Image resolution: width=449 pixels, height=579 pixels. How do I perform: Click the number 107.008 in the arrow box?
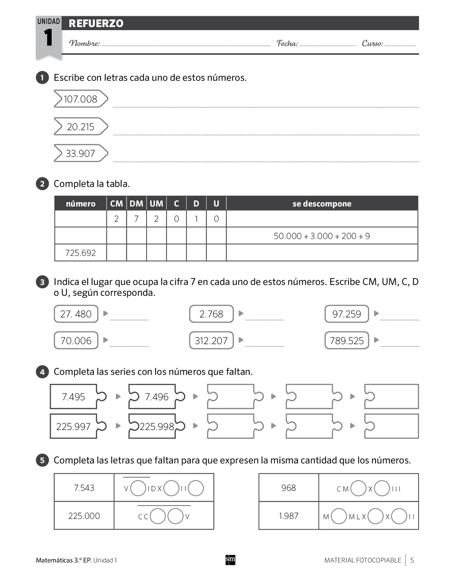(x=80, y=99)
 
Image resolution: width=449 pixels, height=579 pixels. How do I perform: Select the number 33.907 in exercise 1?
(x=80, y=153)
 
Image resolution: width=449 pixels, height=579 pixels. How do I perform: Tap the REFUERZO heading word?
(x=96, y=24)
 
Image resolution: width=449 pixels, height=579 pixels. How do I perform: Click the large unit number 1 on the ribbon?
(x=48, y=38)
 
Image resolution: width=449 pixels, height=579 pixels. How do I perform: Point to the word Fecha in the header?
(x=287, y=44)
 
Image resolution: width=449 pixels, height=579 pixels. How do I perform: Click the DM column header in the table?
(x=136, y=204)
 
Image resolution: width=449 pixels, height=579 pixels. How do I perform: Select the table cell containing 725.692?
(x=80, y=253)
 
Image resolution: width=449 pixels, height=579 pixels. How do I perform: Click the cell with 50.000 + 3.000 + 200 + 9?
(x=322, y=236)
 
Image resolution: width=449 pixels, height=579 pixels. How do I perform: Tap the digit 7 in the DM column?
(x=136, y=219)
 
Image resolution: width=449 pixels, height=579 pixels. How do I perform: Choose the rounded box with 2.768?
(x=211, y=314)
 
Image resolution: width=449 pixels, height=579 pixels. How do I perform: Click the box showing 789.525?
(x=347, y=340)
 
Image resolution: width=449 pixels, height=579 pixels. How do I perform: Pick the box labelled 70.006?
(x=76, y=340)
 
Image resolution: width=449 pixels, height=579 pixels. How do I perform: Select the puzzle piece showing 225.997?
(x=73, y=426)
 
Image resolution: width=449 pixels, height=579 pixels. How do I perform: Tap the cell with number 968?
(x=288, y=488)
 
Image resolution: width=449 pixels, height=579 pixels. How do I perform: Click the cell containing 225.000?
(x=84, y=516)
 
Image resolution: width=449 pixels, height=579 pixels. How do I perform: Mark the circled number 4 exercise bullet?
(x=42, y=372)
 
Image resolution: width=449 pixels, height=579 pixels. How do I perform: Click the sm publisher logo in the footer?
(x=230, y=560)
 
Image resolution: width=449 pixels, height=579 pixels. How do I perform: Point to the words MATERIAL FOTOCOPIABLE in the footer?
(x=362, y=560)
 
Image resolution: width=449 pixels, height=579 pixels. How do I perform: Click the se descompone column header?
(x=322, y=204)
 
